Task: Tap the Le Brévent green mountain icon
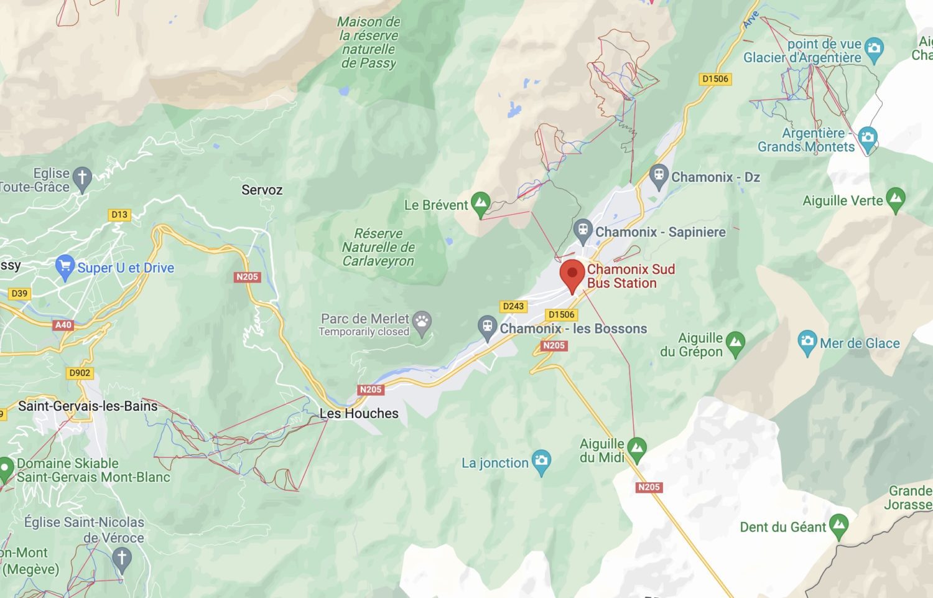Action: pyautogui.click(x=480, y=203)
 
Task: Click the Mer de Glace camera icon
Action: pyautogui.click(x=807, y=342)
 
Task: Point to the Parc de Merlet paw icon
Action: pyautogui.click(x=422, y=322)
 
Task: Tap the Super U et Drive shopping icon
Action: pyautogui.click(x=64, y=267)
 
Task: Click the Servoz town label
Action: pyautogui.click(x=262, y=190)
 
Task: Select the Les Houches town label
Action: pyautogui.click(x=359, y=413)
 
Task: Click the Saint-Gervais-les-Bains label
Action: pyautogui.click(x=88, y=406)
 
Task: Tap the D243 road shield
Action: pyautogui.click(x=513, y=306)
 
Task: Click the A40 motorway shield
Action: pyautogui.click(x=63, y=325)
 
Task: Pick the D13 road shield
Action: pyautogui.click(x=119, y=215)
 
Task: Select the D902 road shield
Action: pyautogui.click(x=80, y=373)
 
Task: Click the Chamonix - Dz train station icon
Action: pyautogui.click(x=658, y=175)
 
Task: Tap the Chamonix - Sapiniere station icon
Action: pyautogui.click(x=582, y=230)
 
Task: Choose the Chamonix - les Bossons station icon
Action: pyautogui.click(x=487, y=327)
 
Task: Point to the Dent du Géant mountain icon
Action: pyautogui.click(x=838, y=526)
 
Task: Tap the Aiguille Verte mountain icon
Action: pyautogui.click(x=896, y=199)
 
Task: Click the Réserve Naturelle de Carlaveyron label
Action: pyautogui.click(x=378, y=247)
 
